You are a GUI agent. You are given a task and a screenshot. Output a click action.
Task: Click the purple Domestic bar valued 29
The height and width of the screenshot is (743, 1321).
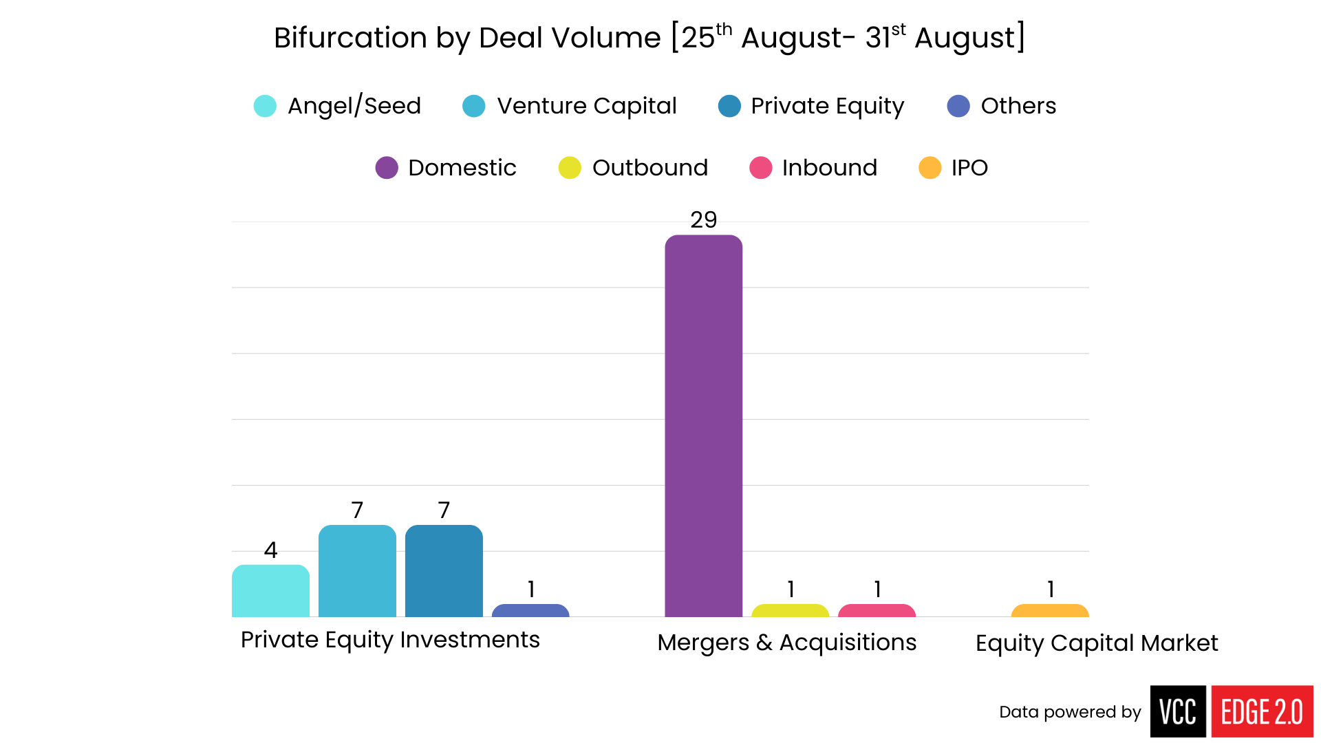click(x=703, y=427)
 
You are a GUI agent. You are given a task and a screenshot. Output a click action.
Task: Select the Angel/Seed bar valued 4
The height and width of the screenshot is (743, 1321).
click(x=270, y=591)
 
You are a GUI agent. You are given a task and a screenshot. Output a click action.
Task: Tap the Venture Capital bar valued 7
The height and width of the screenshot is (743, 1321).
click(x=357, y=571)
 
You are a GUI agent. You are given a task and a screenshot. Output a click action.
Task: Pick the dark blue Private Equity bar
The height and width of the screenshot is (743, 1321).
click(x=444, y=571)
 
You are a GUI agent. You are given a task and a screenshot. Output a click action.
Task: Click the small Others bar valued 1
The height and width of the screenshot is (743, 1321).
click(x=530, y=611)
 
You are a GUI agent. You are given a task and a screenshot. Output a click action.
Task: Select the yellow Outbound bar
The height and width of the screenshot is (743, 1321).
click(x=790, y=611)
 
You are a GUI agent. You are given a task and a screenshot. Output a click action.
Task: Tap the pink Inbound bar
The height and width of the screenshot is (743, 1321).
click(x=877, y=611)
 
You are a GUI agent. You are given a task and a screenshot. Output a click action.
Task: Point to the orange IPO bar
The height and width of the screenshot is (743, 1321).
click(x=1050, y=611)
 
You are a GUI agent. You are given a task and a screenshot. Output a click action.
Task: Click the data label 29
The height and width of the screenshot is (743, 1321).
click(x=703, y=220)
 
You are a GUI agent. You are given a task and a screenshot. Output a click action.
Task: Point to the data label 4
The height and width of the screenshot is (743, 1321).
click(x=270, y=550)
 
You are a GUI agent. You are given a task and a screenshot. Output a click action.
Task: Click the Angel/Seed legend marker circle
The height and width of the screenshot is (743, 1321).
click(x=265, y=106)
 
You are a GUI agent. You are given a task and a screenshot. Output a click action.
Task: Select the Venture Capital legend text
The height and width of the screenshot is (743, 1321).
click(x=587, y=106)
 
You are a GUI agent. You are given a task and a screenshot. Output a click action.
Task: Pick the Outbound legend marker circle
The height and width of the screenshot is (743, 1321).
click(x=570, y=168)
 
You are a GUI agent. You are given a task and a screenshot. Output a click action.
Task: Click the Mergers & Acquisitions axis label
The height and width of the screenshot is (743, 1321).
click(x=786, y=643)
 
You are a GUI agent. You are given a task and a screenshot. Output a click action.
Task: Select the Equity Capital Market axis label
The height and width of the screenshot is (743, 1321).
click(x=1097, y=643)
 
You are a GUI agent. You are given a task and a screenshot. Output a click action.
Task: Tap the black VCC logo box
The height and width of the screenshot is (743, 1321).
click(x=1178, y=711)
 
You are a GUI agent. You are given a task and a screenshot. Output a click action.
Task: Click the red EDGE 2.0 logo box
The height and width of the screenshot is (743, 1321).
click(x=1262, y=711)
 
